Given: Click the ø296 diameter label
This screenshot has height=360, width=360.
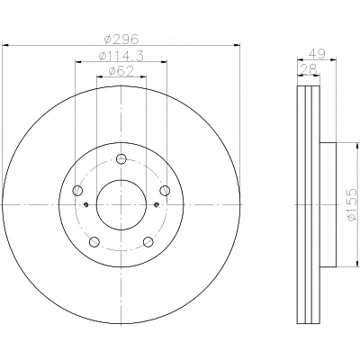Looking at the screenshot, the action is click(121, 39).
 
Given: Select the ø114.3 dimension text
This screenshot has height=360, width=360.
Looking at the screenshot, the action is click(121, 56).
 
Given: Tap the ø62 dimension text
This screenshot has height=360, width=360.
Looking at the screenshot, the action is click(121, 71).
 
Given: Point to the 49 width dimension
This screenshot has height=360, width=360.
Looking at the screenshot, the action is click(317, 54).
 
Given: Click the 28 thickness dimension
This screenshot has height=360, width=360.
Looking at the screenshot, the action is click(309, 69).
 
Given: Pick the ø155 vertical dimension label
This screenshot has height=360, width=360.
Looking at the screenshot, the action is click(352, 205).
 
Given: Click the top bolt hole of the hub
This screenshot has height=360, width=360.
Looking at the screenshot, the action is click(121, 159).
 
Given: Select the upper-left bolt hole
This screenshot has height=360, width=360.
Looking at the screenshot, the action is click(77, 190).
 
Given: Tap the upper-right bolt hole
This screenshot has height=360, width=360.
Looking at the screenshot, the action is click(165, 190).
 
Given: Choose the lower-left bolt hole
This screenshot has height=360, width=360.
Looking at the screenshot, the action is click(94, 241).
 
